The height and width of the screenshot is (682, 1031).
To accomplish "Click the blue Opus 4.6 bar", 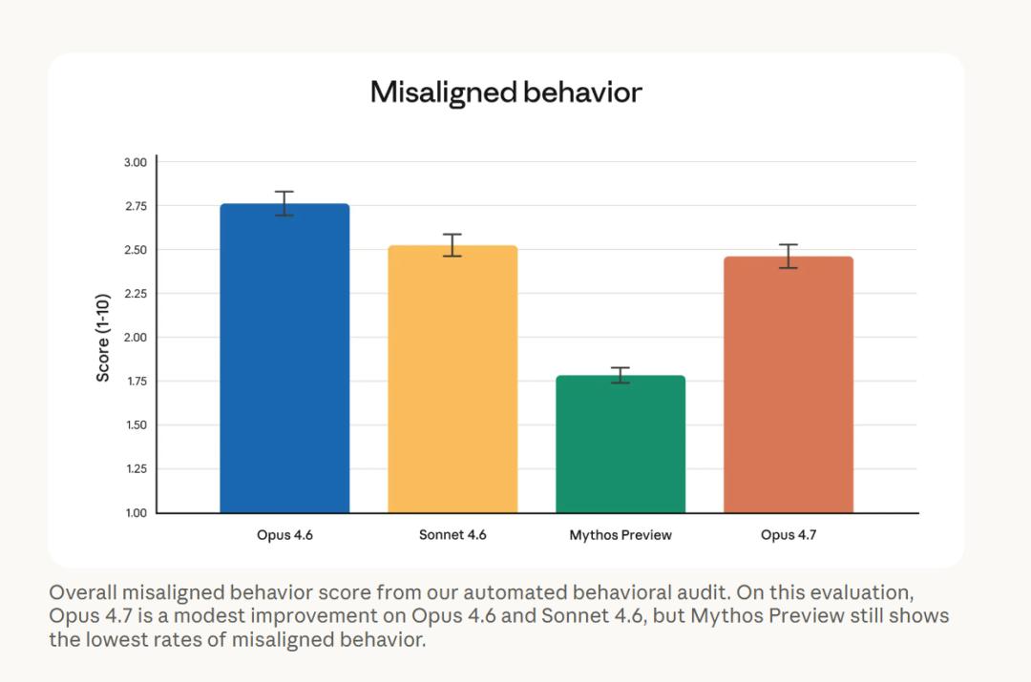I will click(x=284, y=362).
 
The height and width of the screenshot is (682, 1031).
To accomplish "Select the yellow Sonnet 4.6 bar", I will click(x=452, y=382).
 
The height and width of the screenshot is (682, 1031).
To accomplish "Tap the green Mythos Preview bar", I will click(x=621, y=446).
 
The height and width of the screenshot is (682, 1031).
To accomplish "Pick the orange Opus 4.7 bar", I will click(x=789, y=386).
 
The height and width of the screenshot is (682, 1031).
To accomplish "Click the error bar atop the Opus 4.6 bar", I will click(x=284, y=203).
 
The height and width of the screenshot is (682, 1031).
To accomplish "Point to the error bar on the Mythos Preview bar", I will click(x=621, y=375).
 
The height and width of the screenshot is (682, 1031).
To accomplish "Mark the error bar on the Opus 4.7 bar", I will click(x=789, y=256).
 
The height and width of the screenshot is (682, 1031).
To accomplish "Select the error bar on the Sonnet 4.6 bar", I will click(x=452, y=245).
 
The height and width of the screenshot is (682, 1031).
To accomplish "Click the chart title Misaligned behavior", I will click(x=506, y=93).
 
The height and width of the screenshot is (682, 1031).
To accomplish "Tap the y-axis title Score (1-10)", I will click(x=103, y=337).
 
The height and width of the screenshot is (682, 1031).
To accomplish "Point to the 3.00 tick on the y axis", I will click(x=135, y=162).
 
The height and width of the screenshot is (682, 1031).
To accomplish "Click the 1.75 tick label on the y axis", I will click(x=135, y=382).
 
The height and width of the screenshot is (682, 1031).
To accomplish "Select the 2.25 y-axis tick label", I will click(x=135, y=294).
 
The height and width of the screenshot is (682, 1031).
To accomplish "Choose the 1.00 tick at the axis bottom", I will click(x=135, y=513).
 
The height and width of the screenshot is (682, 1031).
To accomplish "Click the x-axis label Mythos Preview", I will click(x=621, y=535).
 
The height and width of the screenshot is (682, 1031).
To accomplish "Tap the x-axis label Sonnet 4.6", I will click(x=452, y=535).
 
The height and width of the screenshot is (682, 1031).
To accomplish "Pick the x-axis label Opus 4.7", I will click(x=789, y=535).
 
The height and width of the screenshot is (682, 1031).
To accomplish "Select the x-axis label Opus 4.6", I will click(x=284, y=535).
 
